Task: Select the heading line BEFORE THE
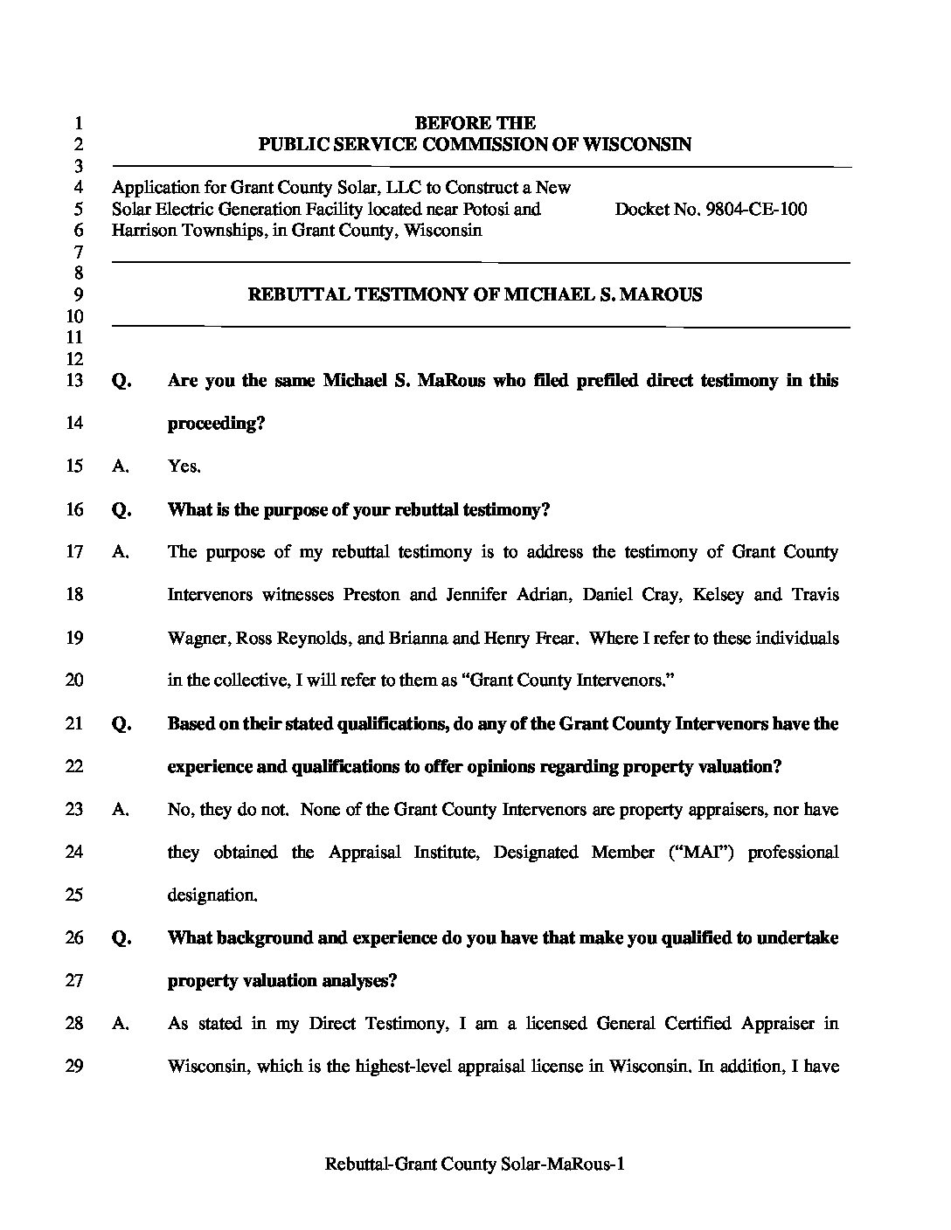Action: click(x=475, y=123)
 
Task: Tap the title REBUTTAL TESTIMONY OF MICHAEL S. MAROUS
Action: click(x=475, y=295)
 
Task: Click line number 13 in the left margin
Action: click(x=74, y=381)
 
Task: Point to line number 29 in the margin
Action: click(x=74, y=1067)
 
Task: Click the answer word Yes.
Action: click(x=184, y=466)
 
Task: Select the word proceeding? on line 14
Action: click(x=216, y=424)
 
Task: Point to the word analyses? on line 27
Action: click(x=355, y=981)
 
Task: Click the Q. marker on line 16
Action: click(x=121, y=510)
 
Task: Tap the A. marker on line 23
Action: click(x=121, y=810)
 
